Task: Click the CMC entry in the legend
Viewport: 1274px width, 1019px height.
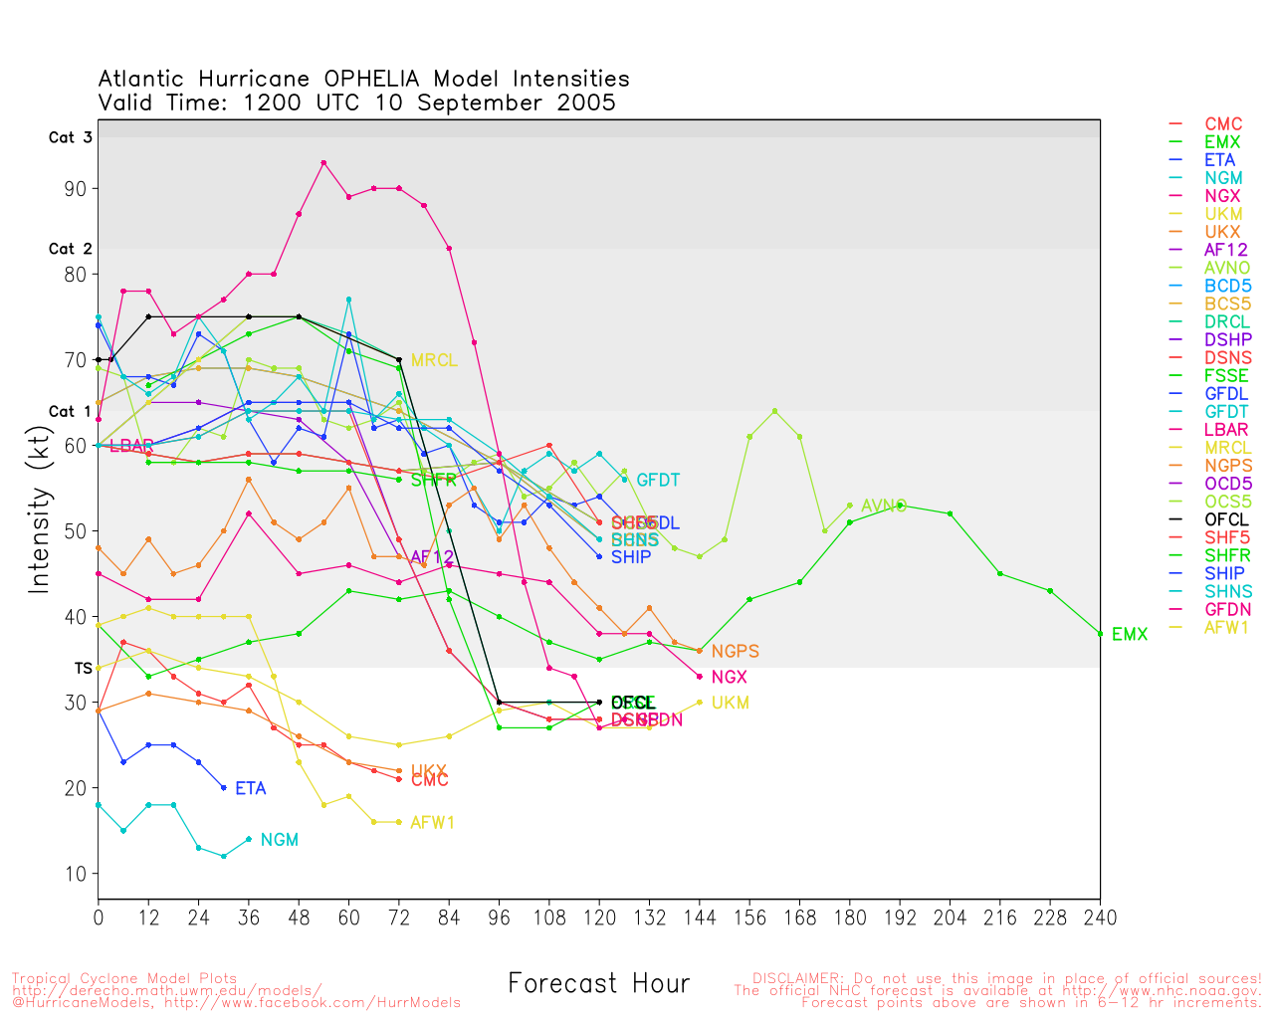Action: (x=1223, y=124)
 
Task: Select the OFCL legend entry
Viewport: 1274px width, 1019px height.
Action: (x=1226, y=519)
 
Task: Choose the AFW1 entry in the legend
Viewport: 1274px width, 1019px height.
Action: (x=1226, y=627)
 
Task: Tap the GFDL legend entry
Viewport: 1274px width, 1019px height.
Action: (x=1226, y=394)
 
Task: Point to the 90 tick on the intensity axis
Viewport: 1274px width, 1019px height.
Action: (x=76, y=189)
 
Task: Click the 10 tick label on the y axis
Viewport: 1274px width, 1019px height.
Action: (x=76, y=874)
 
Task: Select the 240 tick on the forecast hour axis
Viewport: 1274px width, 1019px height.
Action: (x=1100, y=917)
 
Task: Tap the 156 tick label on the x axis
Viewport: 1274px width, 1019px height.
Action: (x=749, y=917)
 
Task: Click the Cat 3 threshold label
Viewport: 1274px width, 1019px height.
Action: (x=71, y=137)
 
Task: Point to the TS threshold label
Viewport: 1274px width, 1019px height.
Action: (x=84, y=669)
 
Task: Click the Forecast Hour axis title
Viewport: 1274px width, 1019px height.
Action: (x=598, y=984)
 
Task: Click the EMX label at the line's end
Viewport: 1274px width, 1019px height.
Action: (x=1129, y=635)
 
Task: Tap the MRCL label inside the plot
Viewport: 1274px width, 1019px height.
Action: (x=434, y=360)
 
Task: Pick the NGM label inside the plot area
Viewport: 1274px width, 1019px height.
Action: (x=279, y=840)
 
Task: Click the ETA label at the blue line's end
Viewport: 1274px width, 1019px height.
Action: (x=250, y=789)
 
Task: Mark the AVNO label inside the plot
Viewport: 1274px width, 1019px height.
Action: (x=884, y=506)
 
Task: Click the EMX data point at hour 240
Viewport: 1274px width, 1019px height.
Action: (x=1100, y=634)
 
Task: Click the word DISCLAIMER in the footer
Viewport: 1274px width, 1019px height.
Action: (x=795, y=978)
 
